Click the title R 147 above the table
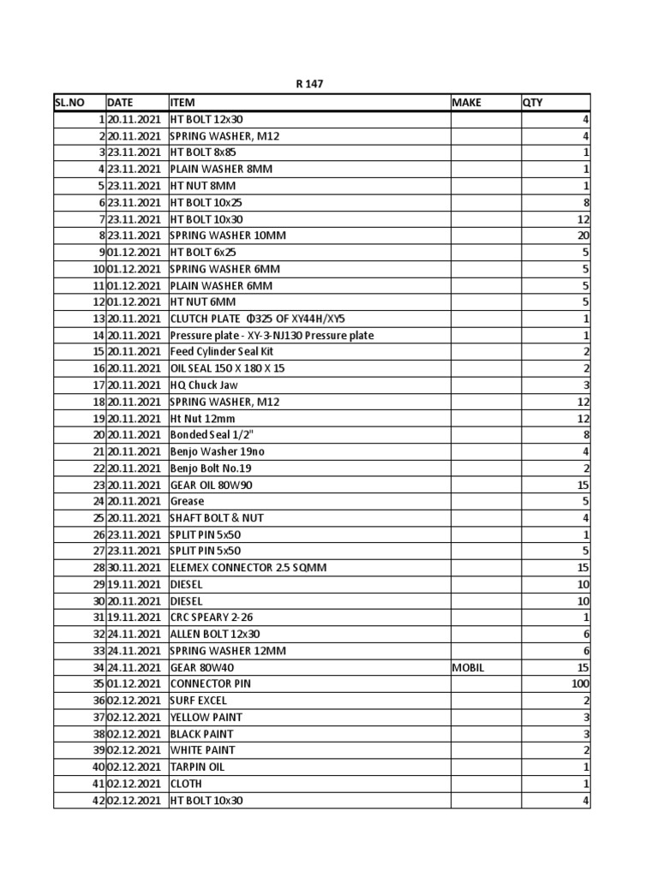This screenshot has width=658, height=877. pyautogui.click(x=310, y=84)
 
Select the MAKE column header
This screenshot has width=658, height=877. pyautogui.click(x=467, y=103)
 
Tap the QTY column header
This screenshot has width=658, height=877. pyautogui.click(x=532, y=103)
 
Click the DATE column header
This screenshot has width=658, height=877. pyautogui.click(x=121, y=103)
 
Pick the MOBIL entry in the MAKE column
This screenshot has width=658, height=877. pyautogui.click(x=468, y=667)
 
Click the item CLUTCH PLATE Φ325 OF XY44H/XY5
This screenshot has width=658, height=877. pyautogui.click(x=257, y=319)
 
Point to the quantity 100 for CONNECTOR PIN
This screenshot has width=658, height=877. pyautogui.click(x=580, y=684)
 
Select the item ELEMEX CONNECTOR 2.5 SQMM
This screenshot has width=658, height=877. pyautogui.click(x=248, y=568)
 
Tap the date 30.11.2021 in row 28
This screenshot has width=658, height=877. pyautogui.click(x=135, y=568)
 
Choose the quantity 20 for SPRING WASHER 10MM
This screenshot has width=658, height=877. pyautogui.click(x=583, y=236)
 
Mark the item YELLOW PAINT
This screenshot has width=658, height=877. pyautogui.click(x=206, y=717)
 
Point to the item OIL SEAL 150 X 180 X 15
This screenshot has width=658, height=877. pyautogui.click(x=227, y=368)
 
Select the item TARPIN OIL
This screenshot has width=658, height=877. pyautogui.click(x=197, y=767)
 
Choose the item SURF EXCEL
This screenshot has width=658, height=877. pyautogui.click(x=198, y=701)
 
